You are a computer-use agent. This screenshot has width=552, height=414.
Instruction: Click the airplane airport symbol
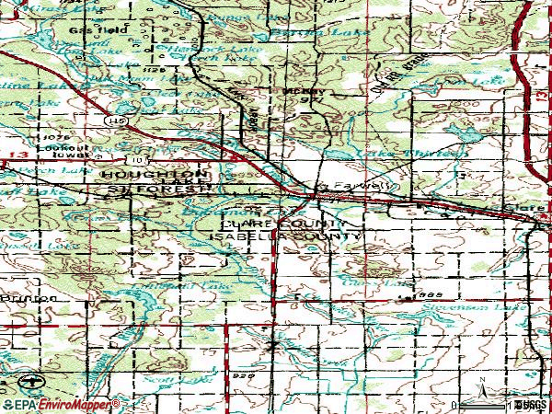click(33, 381)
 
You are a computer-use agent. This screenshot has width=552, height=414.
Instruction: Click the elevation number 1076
click(48, 137)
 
